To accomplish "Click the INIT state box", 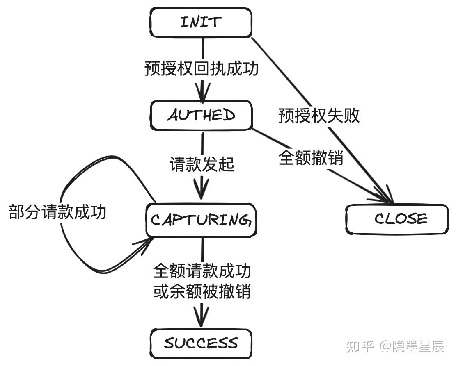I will (201, 22).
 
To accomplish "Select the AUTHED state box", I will (201, 115).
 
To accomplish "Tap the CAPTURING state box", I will (201, 221).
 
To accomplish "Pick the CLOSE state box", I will (397, 219).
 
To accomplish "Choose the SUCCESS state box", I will (201, 343).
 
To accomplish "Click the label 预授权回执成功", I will (202, 68).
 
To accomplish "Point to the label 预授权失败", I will (319, 116).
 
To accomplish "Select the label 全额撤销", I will (311, 158).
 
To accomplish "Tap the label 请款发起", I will (202, 164).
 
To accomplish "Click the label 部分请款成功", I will (57, 212).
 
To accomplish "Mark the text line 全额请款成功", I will (202, 271).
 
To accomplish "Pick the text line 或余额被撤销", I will (202, 292).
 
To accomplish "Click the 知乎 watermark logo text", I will (360, 346).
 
